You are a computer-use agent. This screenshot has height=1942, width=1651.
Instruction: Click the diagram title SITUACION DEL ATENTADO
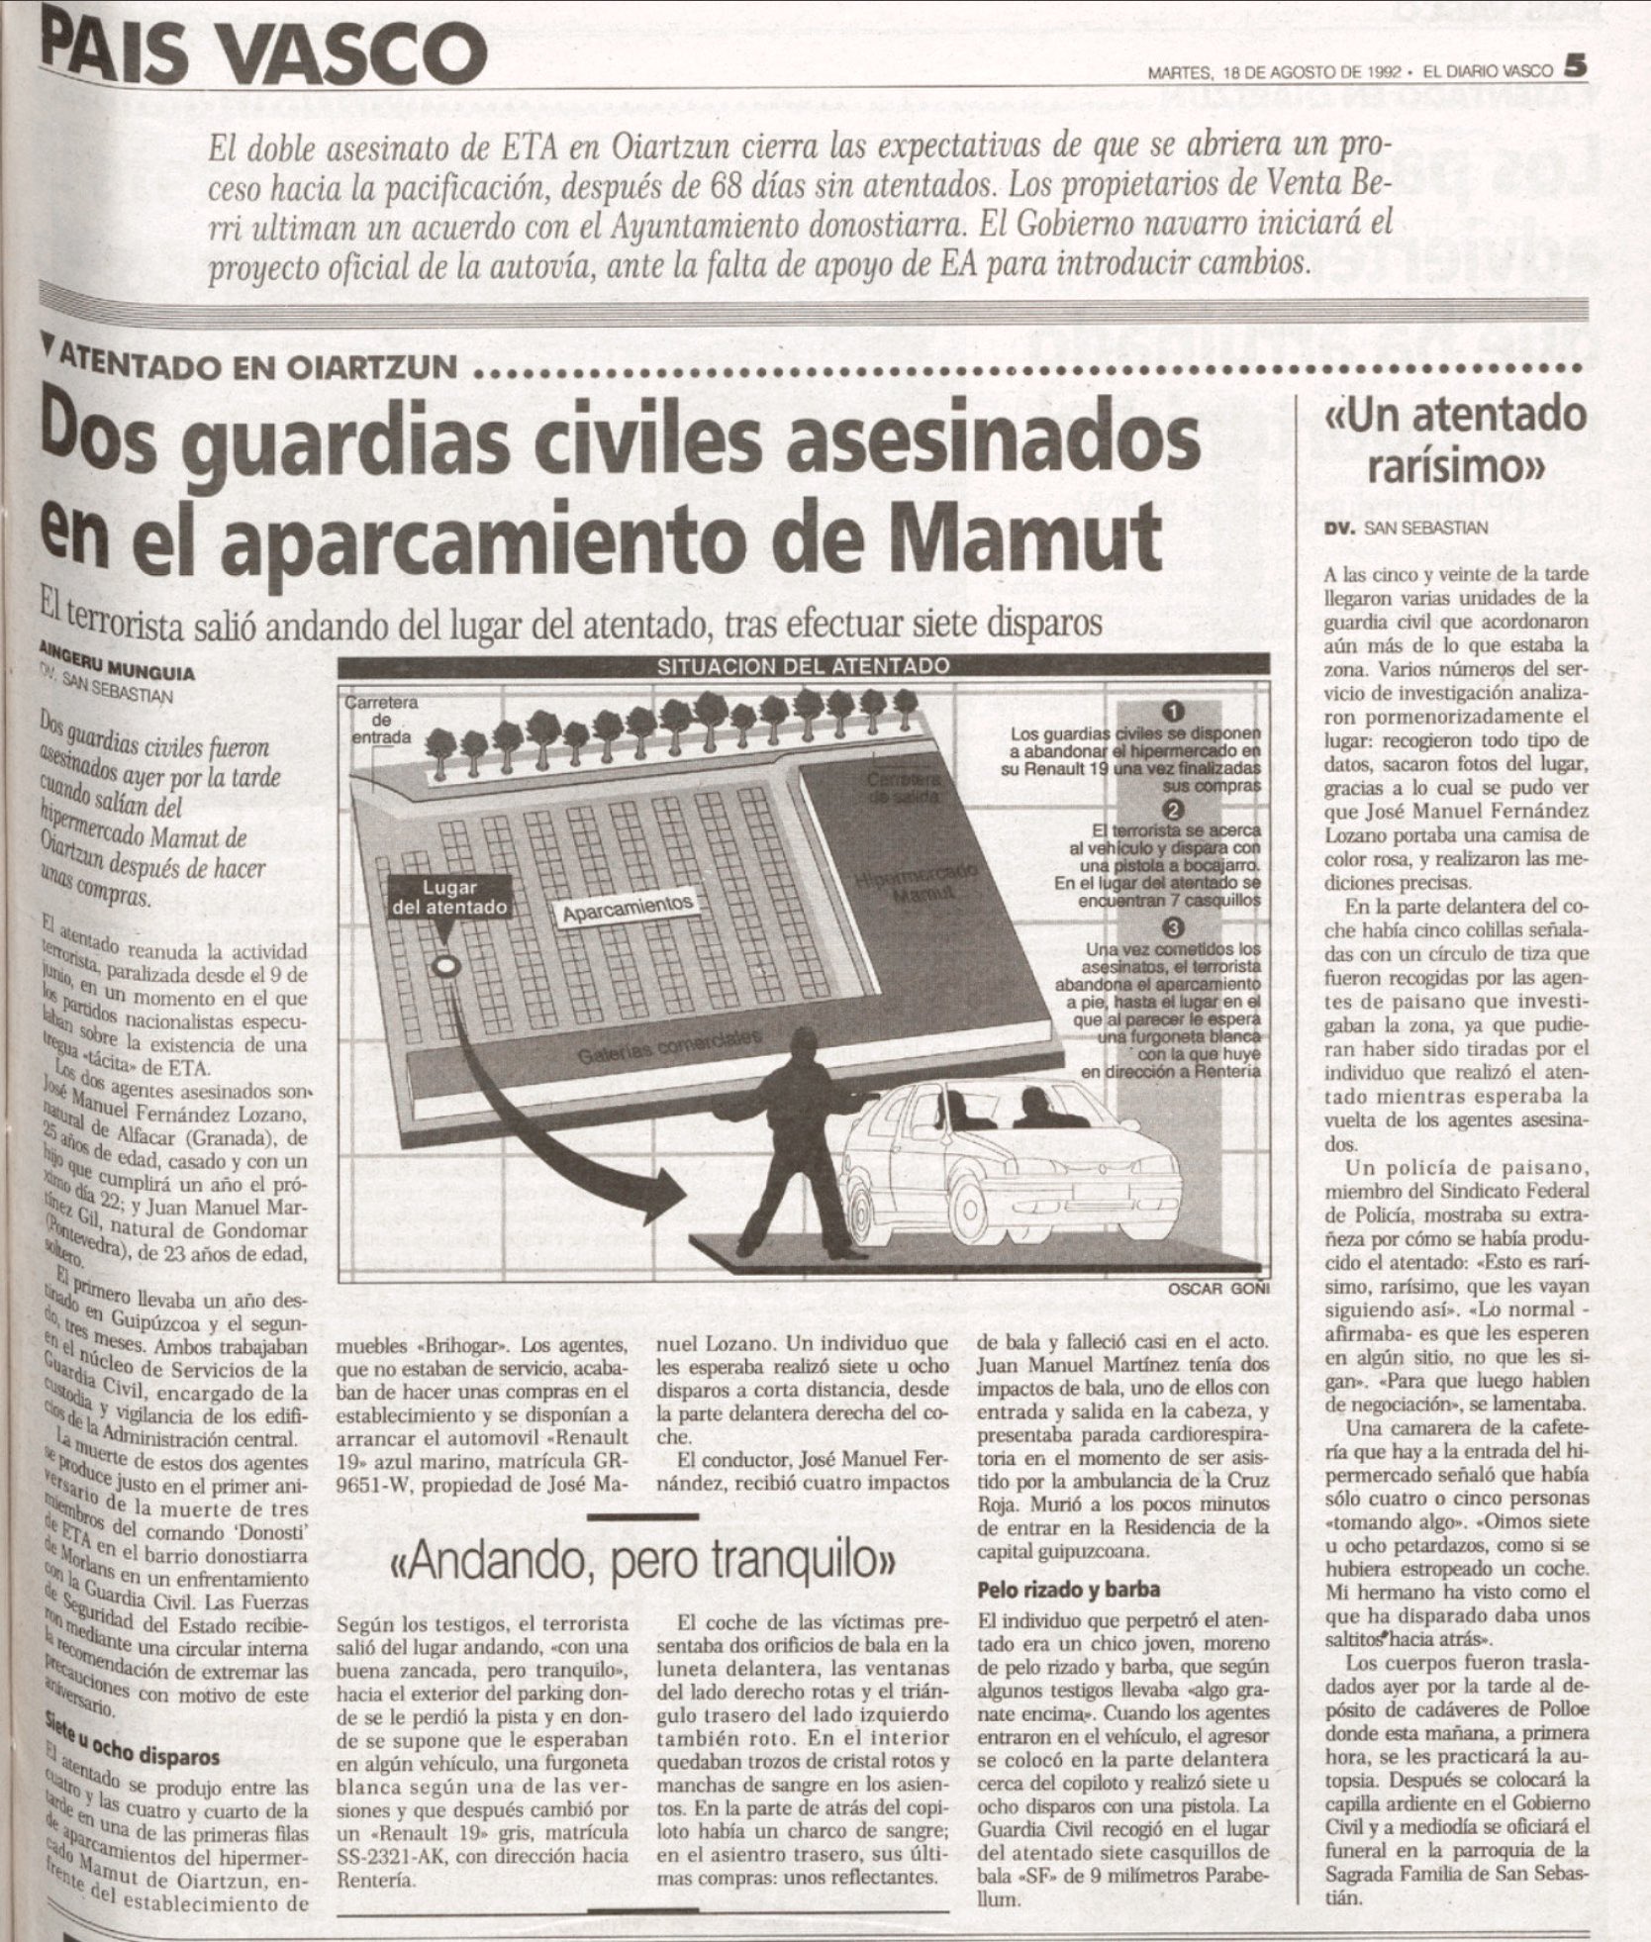(803, 666)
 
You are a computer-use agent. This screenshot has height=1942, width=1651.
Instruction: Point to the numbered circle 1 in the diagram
(1172, 713)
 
